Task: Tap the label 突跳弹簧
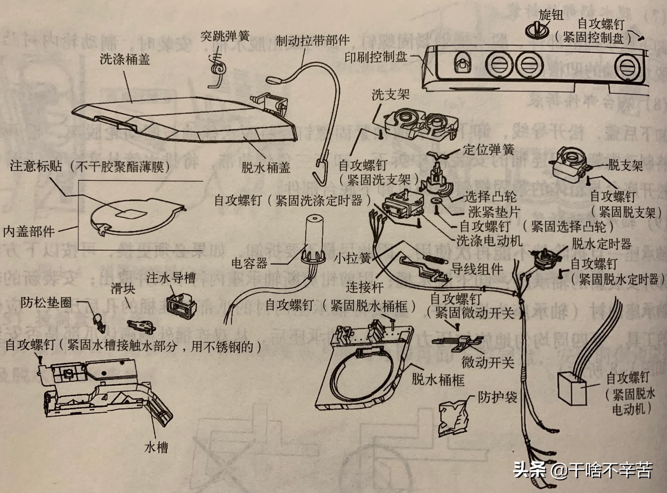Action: [x=225, y=37]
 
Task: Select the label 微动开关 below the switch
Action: [x=488, y=362]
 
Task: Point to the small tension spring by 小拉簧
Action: [x=434, y=259]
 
